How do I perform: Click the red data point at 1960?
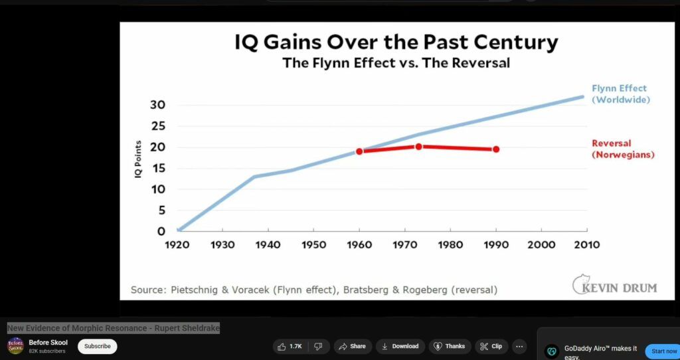(x=359, y=151)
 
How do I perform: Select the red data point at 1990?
(x=496, y=149)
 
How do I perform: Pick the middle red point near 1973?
(x=418, y=146)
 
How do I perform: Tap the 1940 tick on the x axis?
(x=268, y=244)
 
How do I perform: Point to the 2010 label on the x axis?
(x=587, y=244)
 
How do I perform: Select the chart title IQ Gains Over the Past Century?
(x=396, y=43)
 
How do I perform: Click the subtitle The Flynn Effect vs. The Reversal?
(x=396, y=64)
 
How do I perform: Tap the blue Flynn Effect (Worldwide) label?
(x=620, y=94)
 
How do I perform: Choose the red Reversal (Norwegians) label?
(x=623, y=149)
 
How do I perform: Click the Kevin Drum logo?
(x=614, y=286)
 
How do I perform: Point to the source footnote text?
(x=314, y=290)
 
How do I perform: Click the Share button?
(x=352, y=346)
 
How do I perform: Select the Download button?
(x=400, y=346)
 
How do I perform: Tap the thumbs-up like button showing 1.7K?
(x=290, y=346)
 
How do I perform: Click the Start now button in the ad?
(x=664, y=351)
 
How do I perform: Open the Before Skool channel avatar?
(x=15, y=346)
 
